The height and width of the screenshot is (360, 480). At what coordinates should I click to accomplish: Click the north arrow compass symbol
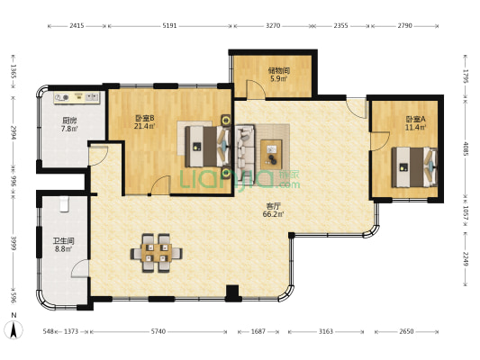(x=14, y=329)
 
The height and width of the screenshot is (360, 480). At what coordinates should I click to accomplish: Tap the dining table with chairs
(x=156, y=253)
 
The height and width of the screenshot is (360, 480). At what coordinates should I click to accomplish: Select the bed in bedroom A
(x=414, y=167)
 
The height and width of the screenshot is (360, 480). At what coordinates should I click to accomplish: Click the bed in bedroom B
(x=208, y=147)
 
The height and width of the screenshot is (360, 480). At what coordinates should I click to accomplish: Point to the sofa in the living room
(x=245, y=154)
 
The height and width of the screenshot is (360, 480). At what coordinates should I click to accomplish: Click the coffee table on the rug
(x=271, y=154)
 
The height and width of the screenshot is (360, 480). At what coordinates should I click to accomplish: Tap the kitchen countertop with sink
(x=77, y=97)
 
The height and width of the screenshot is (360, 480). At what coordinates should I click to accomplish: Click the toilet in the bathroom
(x=64, y=204)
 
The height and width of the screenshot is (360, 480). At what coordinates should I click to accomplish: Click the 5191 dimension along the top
(x=169, y=26)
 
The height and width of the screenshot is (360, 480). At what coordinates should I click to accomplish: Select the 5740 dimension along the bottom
(x=158, y=331)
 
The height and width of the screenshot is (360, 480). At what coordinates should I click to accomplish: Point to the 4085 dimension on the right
(x=465, y=148)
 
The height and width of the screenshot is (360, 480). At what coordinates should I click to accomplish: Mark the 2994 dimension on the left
(x=13, y=132)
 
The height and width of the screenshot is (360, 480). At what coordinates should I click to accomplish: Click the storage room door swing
(x=256, y=89)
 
